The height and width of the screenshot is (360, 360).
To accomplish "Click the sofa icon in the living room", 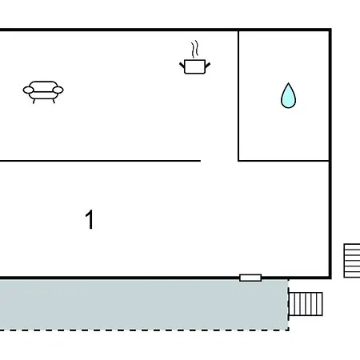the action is (x=43, y=92).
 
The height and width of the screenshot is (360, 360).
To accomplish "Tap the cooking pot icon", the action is (x=194, y=66).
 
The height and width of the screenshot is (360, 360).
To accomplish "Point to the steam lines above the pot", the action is (x=195, y=49).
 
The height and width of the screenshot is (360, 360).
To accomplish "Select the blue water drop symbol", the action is (x=288, y=96).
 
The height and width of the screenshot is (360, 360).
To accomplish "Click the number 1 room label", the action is (x=90, y=219).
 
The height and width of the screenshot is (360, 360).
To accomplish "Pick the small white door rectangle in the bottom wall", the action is (x=250, y=278).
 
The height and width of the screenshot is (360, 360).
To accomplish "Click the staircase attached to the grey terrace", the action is (x=306, y=304).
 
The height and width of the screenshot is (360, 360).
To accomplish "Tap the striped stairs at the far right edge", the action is (x=352, y=261).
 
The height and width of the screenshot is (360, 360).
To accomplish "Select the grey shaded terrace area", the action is (x=144, y=305).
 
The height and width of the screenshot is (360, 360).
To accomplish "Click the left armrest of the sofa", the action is (x=28, y=90).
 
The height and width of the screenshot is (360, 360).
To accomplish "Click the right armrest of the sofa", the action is (x=58, y=90).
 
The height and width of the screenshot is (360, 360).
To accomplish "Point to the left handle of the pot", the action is (x=182, y=65).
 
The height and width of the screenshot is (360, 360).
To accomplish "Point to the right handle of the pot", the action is (x=207, y=65).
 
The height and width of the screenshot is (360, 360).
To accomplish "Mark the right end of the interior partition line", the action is (x=201, y=161).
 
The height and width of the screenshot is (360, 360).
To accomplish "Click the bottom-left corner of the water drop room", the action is (x=238, y=161).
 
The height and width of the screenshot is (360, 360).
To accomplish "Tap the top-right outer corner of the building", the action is (x=330, y=29).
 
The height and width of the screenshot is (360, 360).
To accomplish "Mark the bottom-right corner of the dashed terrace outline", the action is (x=289, y=330).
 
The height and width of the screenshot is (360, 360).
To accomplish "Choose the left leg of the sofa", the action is (x=34, y=101).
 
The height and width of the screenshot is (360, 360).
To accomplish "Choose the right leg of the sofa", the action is (x=54, y=101).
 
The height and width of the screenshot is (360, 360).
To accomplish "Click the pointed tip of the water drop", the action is (x=288, y=83).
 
